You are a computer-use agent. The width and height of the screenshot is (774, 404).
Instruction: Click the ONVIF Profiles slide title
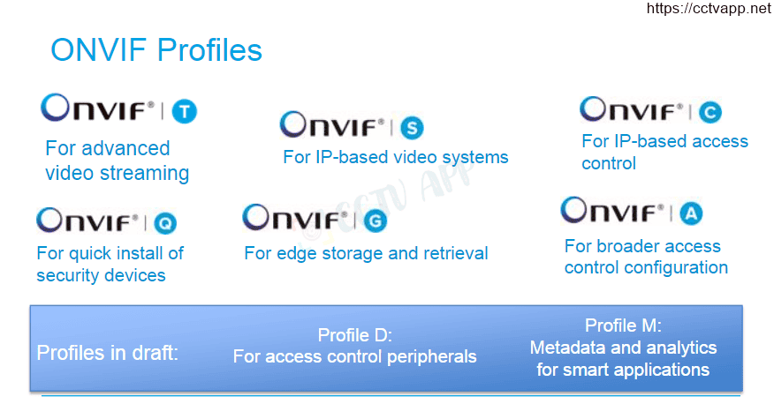click(156, 50)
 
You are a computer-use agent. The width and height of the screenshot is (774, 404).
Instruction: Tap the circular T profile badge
click(184, 111)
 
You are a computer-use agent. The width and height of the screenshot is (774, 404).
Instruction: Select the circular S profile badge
click(412, 128)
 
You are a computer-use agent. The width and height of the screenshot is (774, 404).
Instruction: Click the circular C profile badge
click(710, 112)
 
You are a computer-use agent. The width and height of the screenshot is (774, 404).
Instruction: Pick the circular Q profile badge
click(165, 223)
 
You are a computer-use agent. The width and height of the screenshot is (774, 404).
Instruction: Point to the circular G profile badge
click(376, 221)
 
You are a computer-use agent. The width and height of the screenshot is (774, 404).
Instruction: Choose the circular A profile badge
click(691, 213)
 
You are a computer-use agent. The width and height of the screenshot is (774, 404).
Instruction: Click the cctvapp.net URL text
click(709, 8)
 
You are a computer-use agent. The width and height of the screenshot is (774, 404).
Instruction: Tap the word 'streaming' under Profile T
click(144, 174)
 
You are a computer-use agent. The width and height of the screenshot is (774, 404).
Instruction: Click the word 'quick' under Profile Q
click(90, 254)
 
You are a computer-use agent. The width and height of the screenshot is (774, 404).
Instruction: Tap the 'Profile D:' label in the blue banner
click(355, 335)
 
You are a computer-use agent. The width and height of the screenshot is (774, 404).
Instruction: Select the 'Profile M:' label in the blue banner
click(623, 325)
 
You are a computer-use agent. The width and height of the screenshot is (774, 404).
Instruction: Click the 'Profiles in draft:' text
click(107, 353)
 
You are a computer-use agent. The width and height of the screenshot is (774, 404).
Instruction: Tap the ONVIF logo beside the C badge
click(632, 109)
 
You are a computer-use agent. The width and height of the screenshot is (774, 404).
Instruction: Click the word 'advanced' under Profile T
click(133, 148)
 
